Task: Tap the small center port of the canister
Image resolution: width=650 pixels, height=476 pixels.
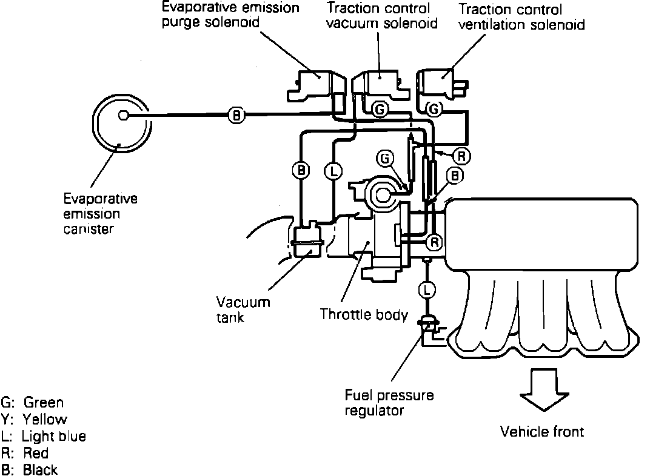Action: click(123, 115)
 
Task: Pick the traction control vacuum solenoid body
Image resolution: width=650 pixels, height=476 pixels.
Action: click(381, 85)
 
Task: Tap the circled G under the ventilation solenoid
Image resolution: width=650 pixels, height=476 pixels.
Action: click(435, 110)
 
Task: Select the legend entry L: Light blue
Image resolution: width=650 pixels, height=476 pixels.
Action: click(44, 436)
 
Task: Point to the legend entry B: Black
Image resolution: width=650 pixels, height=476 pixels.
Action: click(30, 469)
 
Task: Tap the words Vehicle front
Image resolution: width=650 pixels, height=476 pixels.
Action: click(541, 432)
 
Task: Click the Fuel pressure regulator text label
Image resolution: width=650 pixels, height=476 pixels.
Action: click(389, 403)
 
